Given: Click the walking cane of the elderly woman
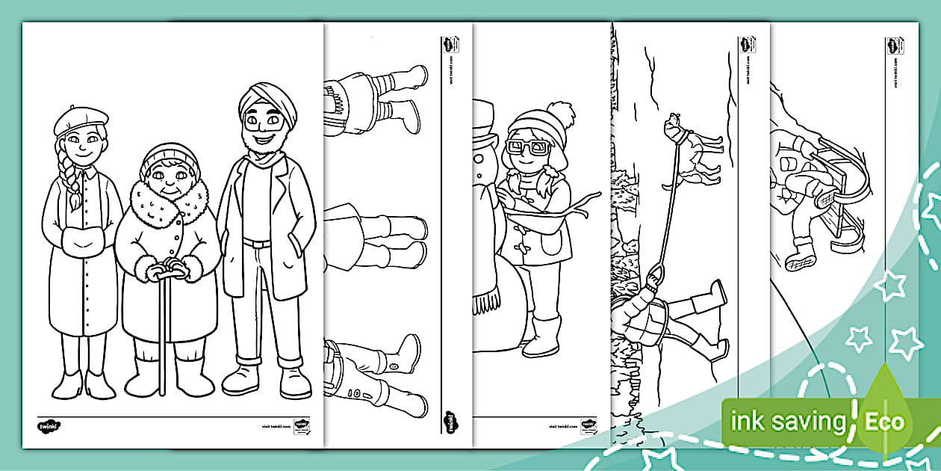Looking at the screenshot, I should (x=163, y=329).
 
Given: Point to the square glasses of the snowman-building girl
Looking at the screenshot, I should (x=528, y=147).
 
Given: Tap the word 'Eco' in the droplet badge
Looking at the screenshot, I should (x=885, y=422).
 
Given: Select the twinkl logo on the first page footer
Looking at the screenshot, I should (x=48, y=427).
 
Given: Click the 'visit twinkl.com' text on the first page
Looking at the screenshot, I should (x=276, y=425).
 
